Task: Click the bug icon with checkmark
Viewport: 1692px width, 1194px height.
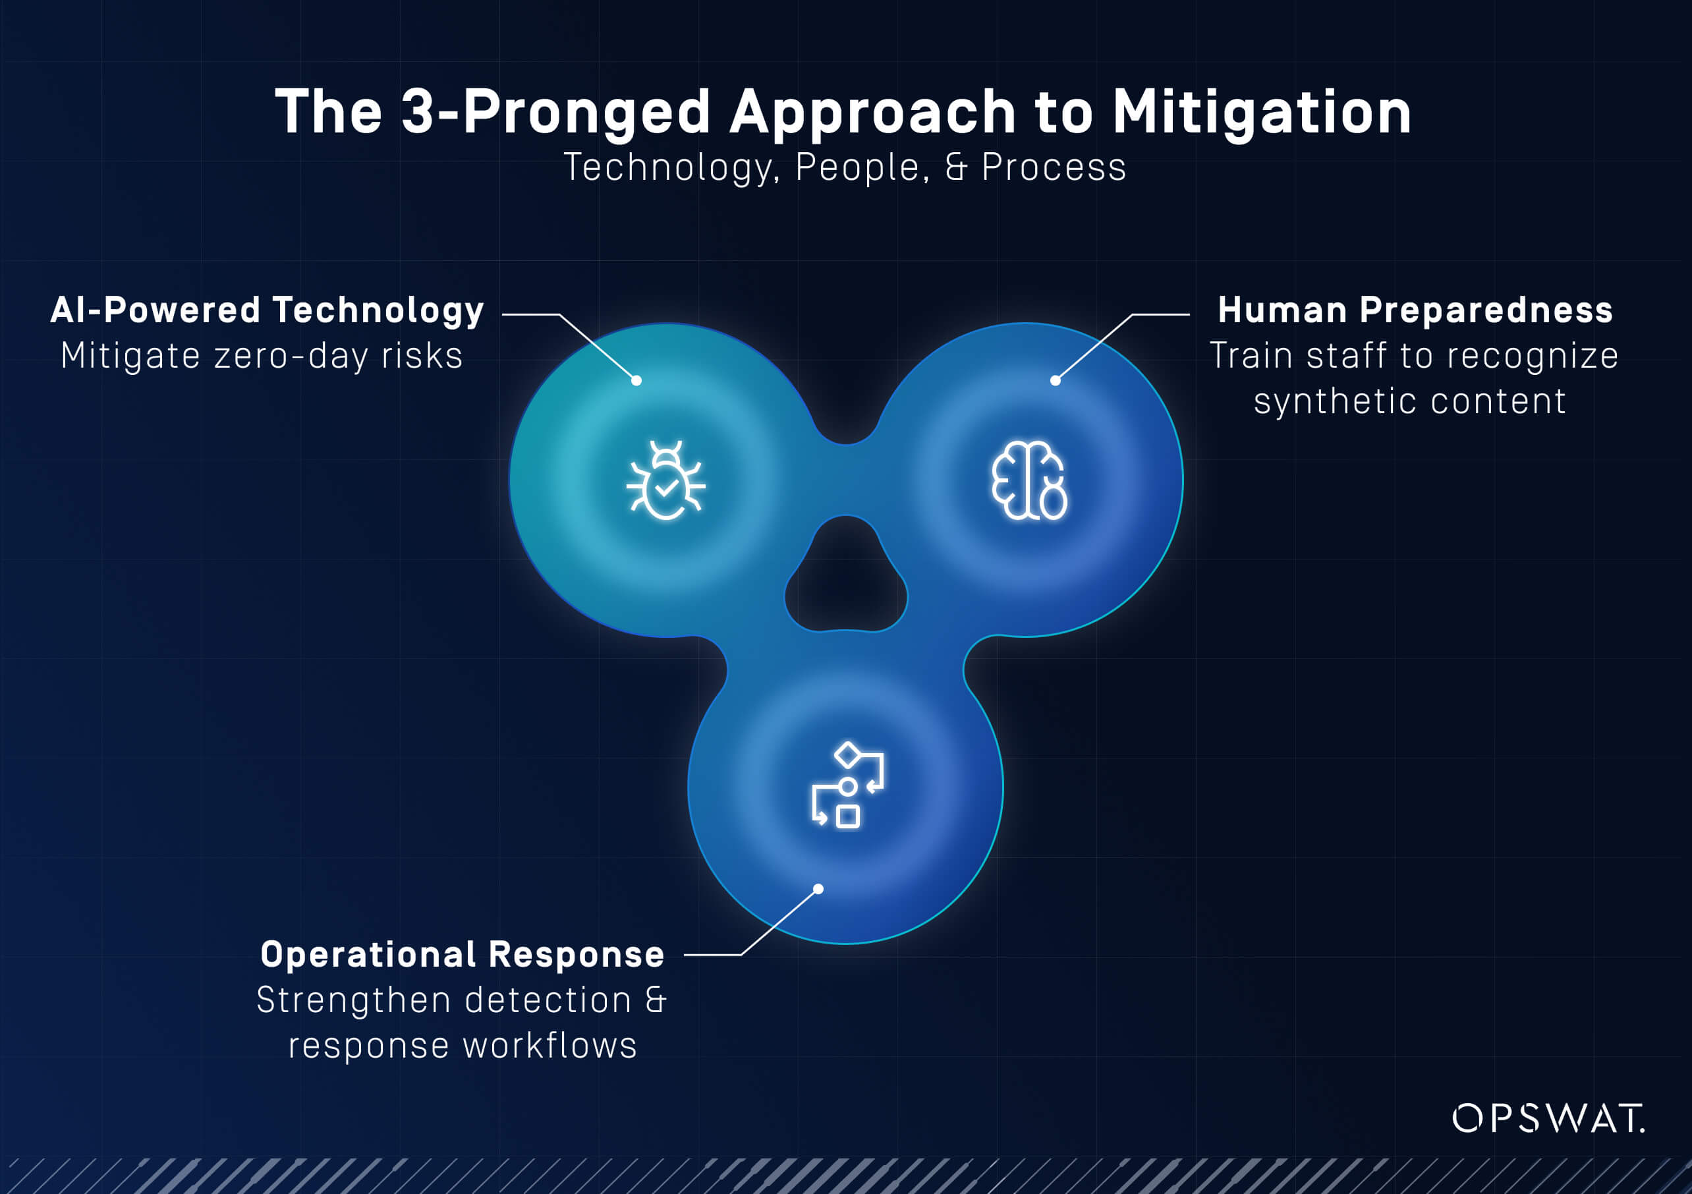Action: click(x=665, y=480)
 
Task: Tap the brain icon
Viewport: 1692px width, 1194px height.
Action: click(x=1029, y=480)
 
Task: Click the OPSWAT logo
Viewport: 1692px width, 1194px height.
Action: click(x=1548, y=1118)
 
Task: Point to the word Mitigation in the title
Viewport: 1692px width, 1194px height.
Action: click(x=1262, y=112)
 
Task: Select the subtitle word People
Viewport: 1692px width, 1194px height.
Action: click(x=857, y=167)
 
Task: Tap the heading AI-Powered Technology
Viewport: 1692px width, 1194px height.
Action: click(x=267, y=310)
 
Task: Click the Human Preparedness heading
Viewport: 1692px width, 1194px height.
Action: click(x=1415, y=310)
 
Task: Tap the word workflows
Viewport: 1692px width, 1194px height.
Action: click(x=550, y=1046)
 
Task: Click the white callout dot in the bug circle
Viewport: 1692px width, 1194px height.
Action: click(x=636, y=380)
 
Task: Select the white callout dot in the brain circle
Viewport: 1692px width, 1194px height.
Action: click(x=1056, y=380)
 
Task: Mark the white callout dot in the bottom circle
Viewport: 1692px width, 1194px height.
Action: click(x=818, y=889)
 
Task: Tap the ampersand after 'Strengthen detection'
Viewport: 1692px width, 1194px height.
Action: click(x=655, y=1000)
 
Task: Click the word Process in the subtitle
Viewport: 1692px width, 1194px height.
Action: click(x=1054, y=167)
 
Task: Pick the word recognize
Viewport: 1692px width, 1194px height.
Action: click(x=1533, y=356)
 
